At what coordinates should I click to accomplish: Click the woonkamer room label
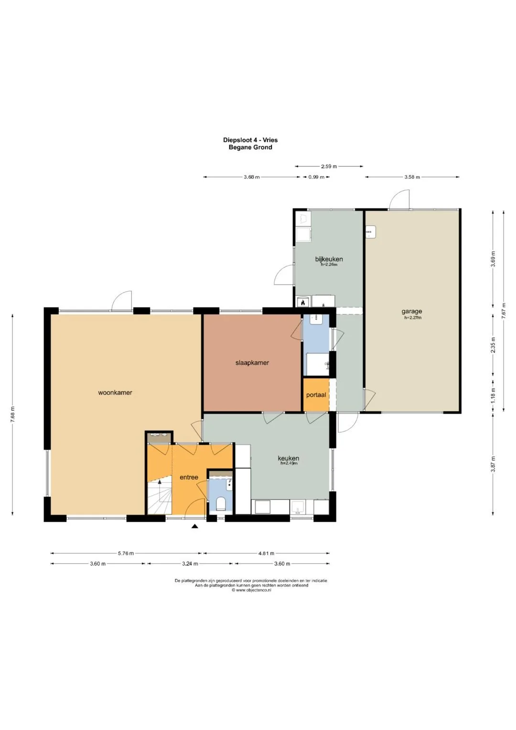click(115, 392)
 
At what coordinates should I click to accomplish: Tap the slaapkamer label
click(252, 362)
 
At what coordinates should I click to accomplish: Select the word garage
click(412, 311)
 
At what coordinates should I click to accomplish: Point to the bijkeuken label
click(329, 260)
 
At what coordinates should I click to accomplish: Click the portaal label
click(316, 395)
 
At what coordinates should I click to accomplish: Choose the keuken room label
click(288, 458)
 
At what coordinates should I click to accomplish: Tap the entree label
click(189, 477)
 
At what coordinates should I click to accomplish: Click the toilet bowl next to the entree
click(221, 503)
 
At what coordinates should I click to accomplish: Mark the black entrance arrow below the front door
click(195, 526)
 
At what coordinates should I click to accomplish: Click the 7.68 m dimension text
click(13, 414)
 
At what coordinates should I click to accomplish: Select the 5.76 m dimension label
click(126, 553)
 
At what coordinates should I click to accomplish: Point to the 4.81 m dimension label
click(266, 553)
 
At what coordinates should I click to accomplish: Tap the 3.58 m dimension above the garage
click(412, 177)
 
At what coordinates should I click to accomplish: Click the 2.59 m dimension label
click(329, 166)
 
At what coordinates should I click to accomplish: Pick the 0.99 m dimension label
click(316, 177)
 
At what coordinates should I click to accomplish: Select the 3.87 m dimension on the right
click(493, 464)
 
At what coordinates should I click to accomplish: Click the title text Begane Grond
click(250, 147)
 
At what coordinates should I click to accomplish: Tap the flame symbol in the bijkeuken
click(303, 303)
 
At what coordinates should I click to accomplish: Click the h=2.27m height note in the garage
click(413, 317)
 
